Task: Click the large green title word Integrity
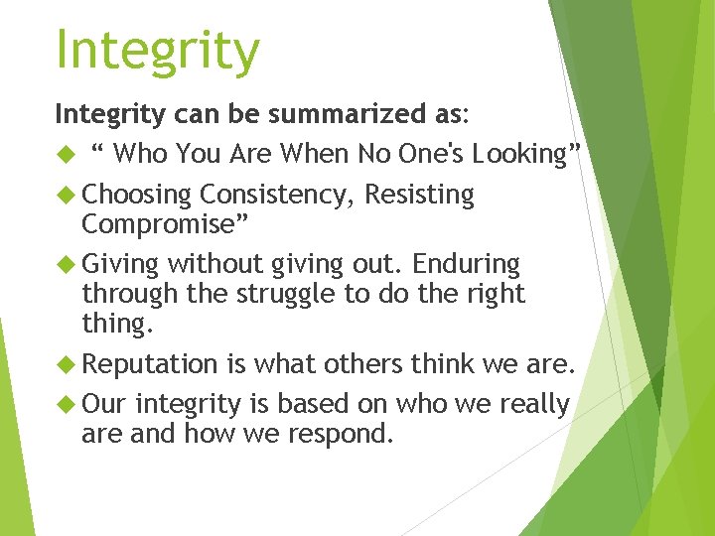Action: coord(158,50)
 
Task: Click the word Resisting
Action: coord(419,195)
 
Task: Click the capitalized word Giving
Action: coord(120,264)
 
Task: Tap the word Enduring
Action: coord(466,264)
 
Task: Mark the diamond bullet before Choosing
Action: coord(68,195)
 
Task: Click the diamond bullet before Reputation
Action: coord(68,364)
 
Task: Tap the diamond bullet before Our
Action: coord(68,404)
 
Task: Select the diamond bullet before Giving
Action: coord(68,264)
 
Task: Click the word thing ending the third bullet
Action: coord(116,325)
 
